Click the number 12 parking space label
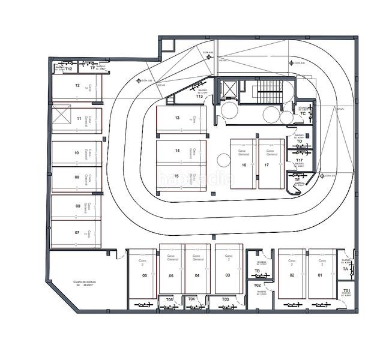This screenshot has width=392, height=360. [x=77, y=86]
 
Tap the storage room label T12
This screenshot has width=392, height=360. [x=69, y=70]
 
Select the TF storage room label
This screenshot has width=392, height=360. [x=92, y=68]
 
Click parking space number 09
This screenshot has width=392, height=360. [x=77, y=177]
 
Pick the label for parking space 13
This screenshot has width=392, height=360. [x=177, y=118]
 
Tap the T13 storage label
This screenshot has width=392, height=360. [x=199, y=96]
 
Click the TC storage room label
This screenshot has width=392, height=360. [x=303, y=113]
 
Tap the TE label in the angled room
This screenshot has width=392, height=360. [x=297, y=179]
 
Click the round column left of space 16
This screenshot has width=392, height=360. [x=223, y=160]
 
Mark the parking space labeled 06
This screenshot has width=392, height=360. [x=145, y=275]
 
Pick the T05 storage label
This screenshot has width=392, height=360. [x=169, y=299]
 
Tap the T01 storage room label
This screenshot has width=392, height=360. [x=346, y=291]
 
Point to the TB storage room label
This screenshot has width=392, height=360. [x=257, y=271]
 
